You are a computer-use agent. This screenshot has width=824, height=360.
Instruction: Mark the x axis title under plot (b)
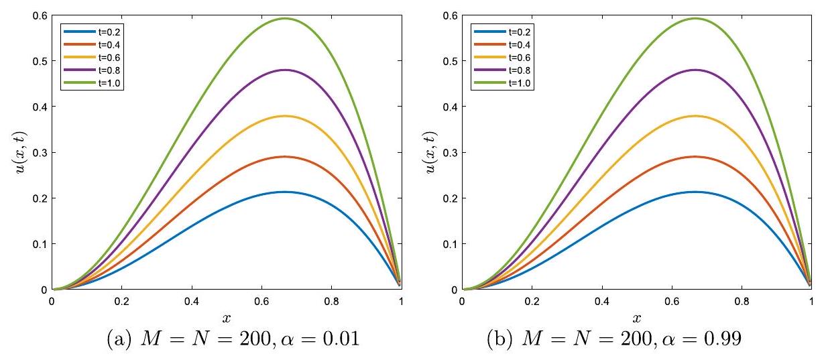(x=636, y=316)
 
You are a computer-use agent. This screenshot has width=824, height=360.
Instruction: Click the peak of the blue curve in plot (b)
(x=695, y=192)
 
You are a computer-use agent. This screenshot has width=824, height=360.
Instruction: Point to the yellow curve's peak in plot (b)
(x=695, y=116)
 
